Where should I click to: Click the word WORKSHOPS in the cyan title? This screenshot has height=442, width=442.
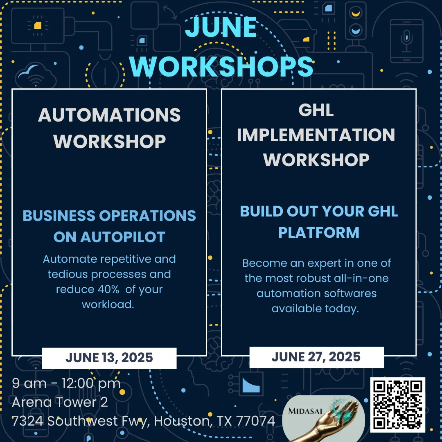pyautogui.click(x=221, y=67)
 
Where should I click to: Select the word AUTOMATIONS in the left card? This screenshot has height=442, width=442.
pyautogui.click(x=109, y=115)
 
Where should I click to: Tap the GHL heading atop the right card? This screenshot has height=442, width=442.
pyautogui.click(x=316, y=110)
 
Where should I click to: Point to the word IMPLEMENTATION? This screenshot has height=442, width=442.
pyautogui.click(x=316, y=135)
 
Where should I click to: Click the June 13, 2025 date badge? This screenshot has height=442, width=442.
pyautogui.click(x=109, y=358)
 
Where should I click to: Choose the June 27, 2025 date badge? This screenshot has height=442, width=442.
pyautogui.click(x=316, y=357)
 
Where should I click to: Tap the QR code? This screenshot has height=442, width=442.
pyautogui.click(x=397, y=405)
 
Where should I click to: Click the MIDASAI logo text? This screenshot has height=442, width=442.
pyautogui.click(x=305, y=411)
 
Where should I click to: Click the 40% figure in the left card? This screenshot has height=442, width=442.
pyautogui.click(x=108, y=289)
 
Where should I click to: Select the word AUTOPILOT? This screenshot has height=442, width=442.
pyautogui.click(x=123, y=237)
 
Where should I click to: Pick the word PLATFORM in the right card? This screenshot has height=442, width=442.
pyautogui.click(x=319, y=233)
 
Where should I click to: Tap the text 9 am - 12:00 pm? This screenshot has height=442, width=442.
pyautogui.click(x=66, y=383)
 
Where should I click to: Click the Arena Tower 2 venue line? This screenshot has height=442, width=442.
pyautogui.click(x=60, y=402)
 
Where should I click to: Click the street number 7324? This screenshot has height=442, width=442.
pyautogui.click(x=28, y=421)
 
